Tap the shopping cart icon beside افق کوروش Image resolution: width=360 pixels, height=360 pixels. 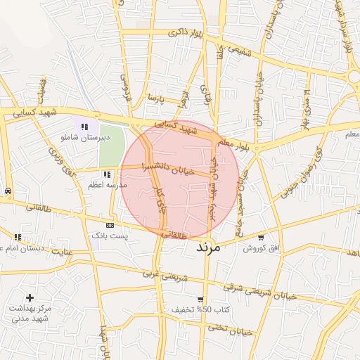click(262, 238)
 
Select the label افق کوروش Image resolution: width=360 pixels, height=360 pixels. click(262, 248)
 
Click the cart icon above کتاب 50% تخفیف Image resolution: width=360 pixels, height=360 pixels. click(200, 299)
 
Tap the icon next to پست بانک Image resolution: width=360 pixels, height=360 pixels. click(110, 225)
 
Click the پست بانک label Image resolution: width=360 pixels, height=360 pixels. click(110, 235)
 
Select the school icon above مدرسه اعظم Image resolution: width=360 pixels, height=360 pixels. click(106, 174)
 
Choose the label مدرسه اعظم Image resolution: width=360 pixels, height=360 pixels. click(106, 184)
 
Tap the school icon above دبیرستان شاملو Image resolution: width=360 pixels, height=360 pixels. click(85, 127)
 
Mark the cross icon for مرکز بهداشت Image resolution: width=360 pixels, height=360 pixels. click(30, 298)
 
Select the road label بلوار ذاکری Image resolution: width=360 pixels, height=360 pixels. click(186, 33)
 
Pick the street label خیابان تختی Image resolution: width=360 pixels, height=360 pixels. click(233, 328)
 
